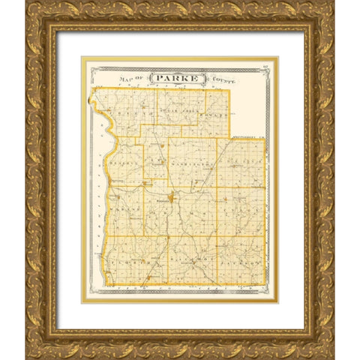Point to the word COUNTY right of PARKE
pyautogui.click(x=222, y=78)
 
